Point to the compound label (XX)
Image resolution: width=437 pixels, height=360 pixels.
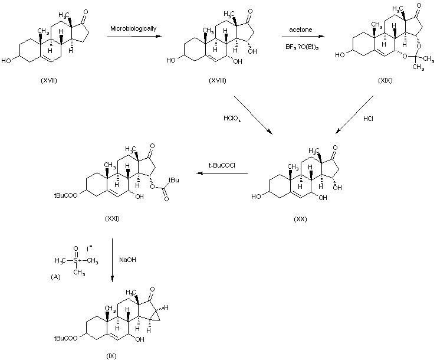(x=300, y=219)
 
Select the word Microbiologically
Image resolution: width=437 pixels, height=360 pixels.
(x=133, y=28)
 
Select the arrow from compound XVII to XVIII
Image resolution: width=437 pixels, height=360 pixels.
(x=134, y=37)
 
